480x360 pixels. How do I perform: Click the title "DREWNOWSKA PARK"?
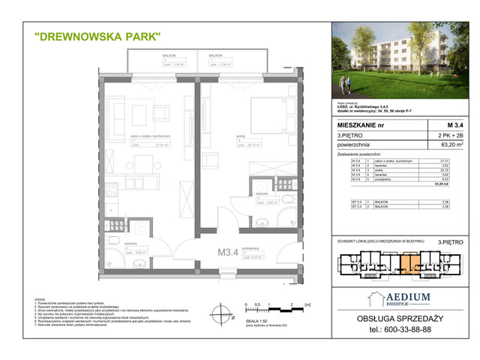(97, 35)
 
